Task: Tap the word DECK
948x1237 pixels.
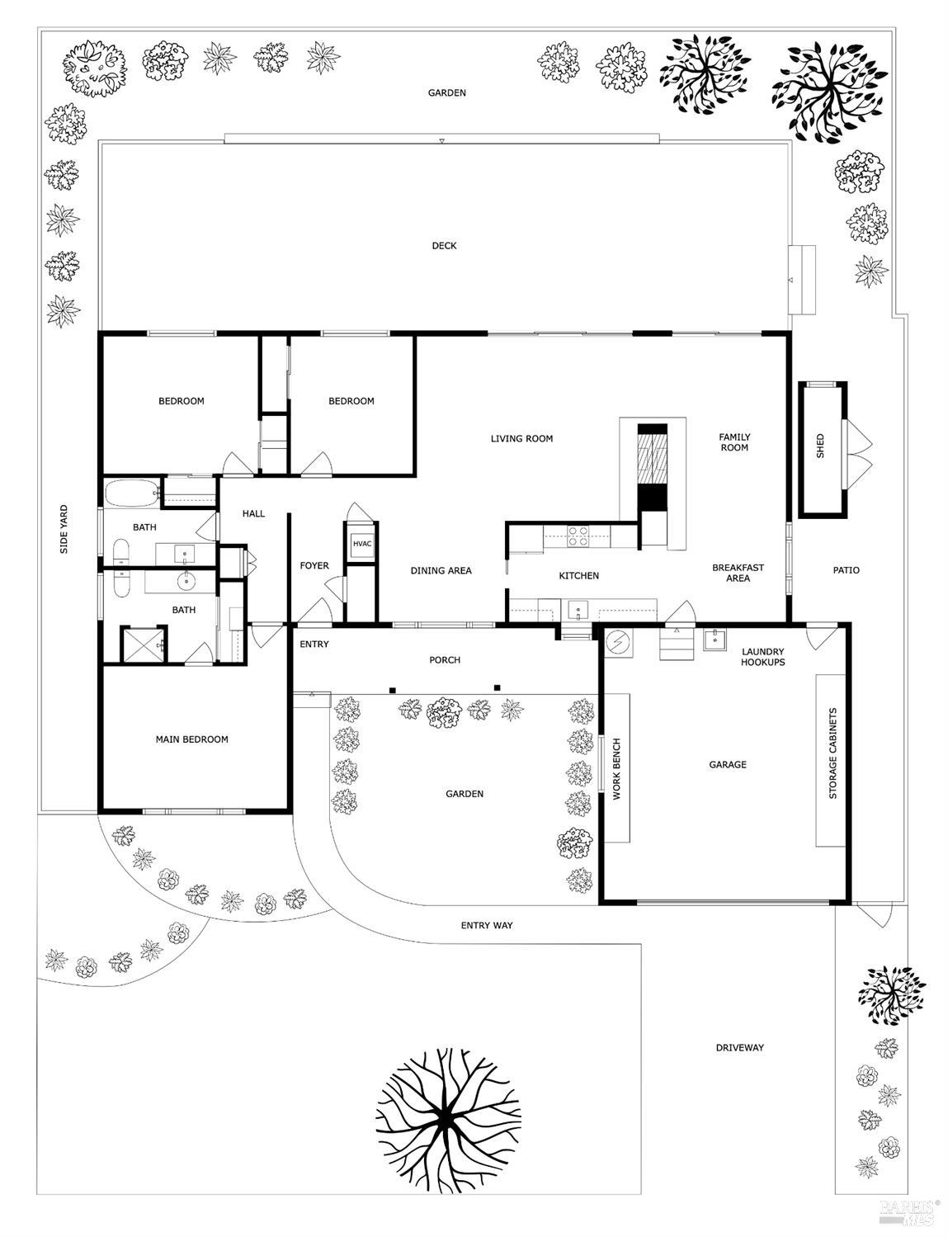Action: (444, 245)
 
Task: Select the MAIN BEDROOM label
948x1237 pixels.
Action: (191, 739)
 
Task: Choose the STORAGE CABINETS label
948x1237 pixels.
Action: (832, 753)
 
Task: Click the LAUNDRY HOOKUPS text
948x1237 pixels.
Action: (762, 657)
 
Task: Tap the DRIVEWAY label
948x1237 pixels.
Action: (739, 1047)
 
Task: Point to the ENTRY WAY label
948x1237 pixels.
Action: (486, 925)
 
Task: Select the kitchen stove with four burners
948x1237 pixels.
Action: (578, 537)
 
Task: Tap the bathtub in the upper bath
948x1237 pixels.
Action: (131, 493)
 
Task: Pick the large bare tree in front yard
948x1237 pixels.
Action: (449, 1118)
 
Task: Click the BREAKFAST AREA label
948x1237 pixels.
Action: (738, 573)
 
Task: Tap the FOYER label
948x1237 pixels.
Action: (314, 565)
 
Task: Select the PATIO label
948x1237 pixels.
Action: (846, 569)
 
